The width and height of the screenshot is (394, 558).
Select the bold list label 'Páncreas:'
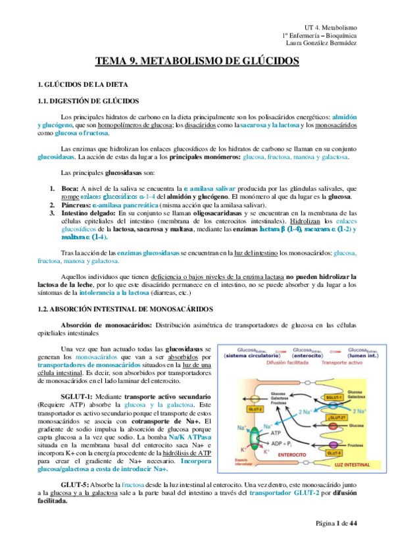coord(75,204)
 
